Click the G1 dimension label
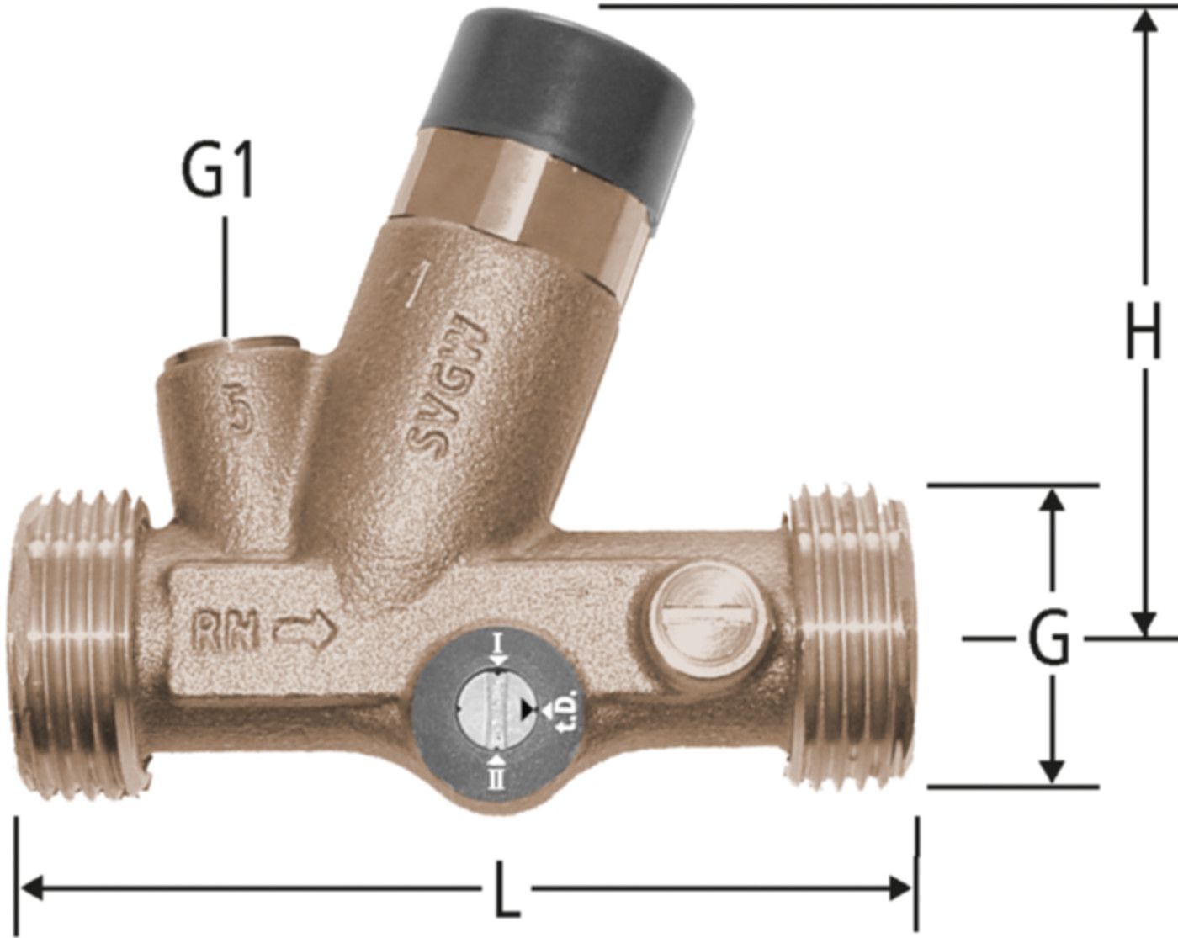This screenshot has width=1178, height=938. pyautogui.click(x=217, y=173)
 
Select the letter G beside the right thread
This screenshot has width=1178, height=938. pyautogui.click(x=1049, y=639)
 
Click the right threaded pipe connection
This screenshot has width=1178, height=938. pyautogui.click(x=850, y=635)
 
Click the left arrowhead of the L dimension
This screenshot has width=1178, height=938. pyautogui.click(x=30, y=887)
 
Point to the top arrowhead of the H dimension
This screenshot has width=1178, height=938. pyautogui.click(x=1143, y=20)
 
